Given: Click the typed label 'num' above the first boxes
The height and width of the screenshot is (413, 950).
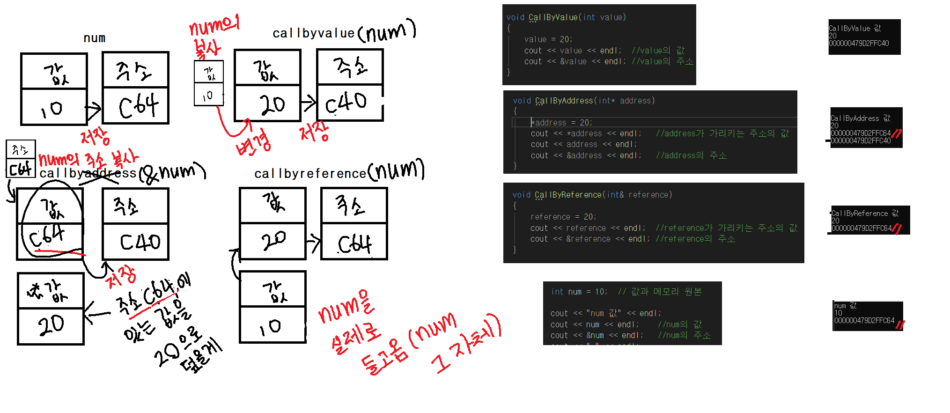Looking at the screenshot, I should (x=94, y=38).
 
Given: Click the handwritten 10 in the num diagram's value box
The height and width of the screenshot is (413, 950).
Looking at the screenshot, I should (x=52, y=109).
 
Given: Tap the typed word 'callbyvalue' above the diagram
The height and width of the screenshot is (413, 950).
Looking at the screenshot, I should (x=313, y=33).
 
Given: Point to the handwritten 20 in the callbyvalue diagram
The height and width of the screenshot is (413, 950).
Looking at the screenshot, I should (x=272, y=104).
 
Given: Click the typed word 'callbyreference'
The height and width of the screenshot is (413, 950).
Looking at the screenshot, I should (x=310, y=174).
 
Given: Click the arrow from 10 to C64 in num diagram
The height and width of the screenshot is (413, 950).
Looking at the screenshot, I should (x=94, y=110).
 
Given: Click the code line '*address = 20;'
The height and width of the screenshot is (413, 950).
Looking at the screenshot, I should (x=562, y=123).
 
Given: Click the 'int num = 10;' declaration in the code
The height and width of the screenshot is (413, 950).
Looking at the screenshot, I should (x=579, y=292).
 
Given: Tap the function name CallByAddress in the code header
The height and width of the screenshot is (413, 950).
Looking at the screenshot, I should (x=564, y=101).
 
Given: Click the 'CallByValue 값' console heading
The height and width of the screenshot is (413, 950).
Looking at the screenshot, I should (x=854, y=28).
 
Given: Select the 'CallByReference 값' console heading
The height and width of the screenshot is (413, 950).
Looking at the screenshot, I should (x=865, y=213).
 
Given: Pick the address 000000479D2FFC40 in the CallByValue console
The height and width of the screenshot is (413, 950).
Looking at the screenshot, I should (x=859, y=43).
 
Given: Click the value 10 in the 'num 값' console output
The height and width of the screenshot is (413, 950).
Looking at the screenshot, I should (x=838, y=313).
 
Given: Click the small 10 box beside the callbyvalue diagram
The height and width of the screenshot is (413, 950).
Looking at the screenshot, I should (x=208, y=96).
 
